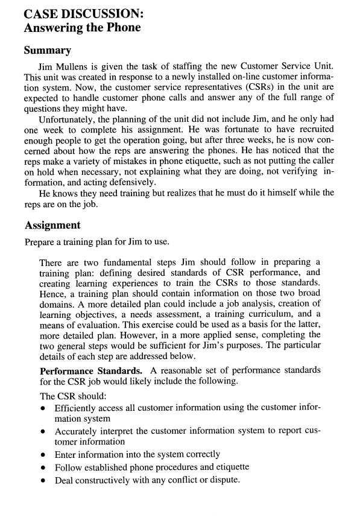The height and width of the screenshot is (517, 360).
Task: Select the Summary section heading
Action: tap(48, 51)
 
